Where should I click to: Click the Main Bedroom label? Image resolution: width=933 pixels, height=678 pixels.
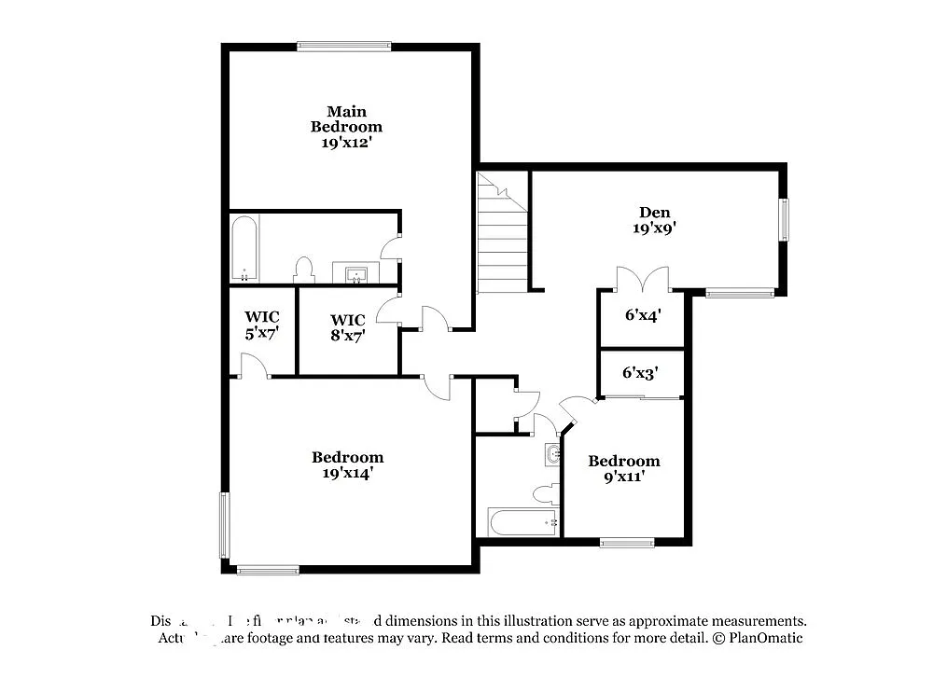(x=346, y=127)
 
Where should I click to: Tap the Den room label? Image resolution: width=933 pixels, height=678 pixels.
(x=654, y=219)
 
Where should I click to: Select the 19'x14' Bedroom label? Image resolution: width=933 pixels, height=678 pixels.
(x=347, y=464)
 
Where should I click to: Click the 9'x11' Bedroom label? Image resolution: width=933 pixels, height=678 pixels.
(x=623, y=468)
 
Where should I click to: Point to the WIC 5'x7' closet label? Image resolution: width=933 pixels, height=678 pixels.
(x=262, y=325)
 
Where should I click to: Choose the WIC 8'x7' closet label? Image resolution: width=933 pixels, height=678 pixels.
(x=347, y=326)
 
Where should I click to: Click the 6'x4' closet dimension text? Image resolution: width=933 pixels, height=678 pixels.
(x=642, y=315)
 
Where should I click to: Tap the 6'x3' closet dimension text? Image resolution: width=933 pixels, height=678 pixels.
(x=641, y=372)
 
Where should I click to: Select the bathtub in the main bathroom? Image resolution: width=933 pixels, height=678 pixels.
(x=244, y=249)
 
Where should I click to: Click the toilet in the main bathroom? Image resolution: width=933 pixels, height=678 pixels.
(x=303, y=270)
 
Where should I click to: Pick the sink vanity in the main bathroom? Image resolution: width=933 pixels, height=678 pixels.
(x=355, y=273)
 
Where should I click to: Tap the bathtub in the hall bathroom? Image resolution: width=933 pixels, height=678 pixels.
(x=522, y=522)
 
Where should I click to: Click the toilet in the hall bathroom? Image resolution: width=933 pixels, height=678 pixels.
(x=546, y=492)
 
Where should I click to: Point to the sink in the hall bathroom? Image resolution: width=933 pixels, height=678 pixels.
(x=553, y=454)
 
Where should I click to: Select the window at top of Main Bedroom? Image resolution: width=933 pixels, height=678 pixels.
(x=343, y=45)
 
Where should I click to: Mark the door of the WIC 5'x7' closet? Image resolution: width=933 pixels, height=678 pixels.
(x=256, y=369)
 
